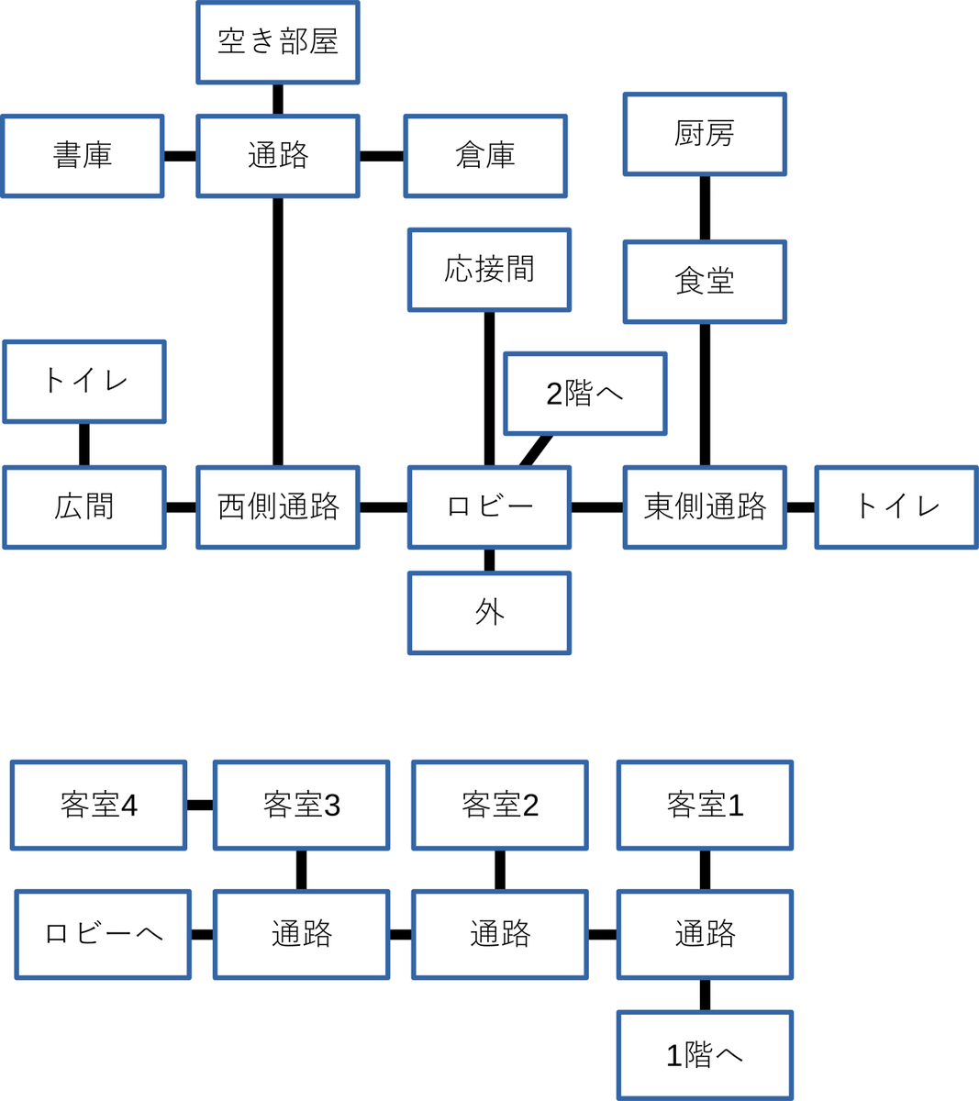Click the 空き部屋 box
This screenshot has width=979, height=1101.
(277, 42)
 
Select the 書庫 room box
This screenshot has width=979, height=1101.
(83, 156)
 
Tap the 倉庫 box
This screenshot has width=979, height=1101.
(485, 156)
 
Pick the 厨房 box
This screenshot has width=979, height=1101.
(705, 134)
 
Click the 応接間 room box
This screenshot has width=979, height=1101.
(489, 270)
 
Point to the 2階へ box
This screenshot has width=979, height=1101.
(584, 394)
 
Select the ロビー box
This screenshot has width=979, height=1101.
(489, 507)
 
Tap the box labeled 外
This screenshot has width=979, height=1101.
(489, 613)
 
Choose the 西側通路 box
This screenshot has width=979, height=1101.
(277, 507)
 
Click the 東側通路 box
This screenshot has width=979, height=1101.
(705, 507)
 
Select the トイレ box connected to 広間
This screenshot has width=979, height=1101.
(84, 382)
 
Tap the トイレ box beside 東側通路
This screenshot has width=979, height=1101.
(896, 507)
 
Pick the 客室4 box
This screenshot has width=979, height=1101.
(98, 806)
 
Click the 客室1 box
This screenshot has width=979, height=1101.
(705, 806)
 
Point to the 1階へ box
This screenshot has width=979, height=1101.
(705, 1055)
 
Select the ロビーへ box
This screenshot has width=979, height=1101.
(103, 935)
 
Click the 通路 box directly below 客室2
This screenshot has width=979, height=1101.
(500, 935)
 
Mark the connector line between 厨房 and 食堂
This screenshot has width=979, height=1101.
(705, 208)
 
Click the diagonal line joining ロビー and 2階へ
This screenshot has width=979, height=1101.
(537, 450)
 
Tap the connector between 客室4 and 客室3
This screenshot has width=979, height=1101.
(200, 806)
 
